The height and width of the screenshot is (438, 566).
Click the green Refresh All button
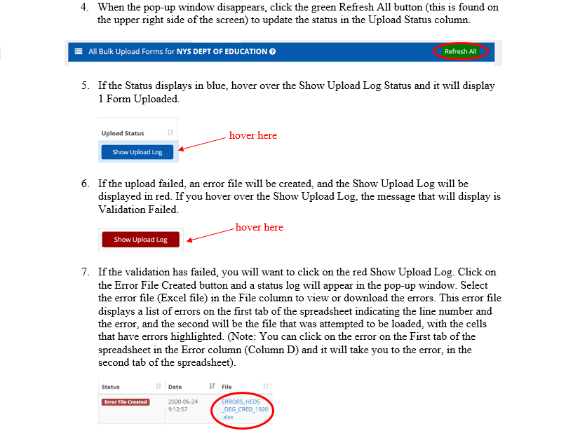(460, 51)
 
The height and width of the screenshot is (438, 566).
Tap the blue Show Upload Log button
(137, 152)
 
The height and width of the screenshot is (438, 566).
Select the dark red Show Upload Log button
(140, 240)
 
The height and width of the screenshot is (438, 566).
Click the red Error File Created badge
(126, 402)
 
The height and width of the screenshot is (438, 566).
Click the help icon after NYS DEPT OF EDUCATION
(272, 51)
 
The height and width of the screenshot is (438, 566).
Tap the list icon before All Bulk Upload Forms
(79, 51)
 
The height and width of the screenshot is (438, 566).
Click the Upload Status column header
(123, 133)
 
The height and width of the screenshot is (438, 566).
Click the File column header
(227, 386)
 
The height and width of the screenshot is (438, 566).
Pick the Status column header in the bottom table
(111, 386)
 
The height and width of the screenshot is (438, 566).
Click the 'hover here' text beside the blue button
(252, 135)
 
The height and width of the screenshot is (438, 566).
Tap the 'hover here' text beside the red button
(259, 227)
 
